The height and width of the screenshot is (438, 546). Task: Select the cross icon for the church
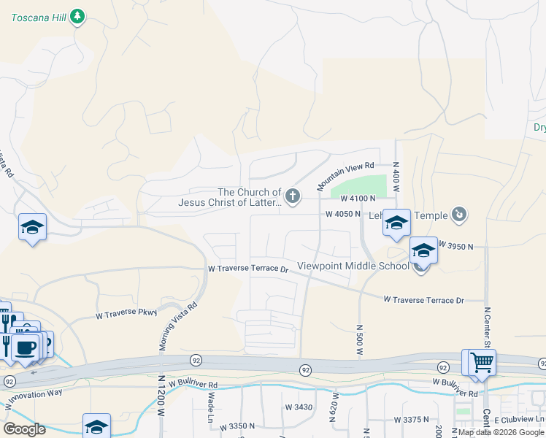point(293,195)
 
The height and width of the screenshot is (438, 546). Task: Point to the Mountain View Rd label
point(345,177)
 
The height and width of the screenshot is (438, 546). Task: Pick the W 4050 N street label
point(343,214)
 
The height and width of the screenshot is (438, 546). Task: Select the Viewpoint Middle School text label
point(353,266)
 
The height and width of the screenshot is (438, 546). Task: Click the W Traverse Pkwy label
point(126,315)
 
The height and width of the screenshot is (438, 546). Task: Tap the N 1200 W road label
point(161,398)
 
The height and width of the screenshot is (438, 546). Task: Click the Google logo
point(24,429)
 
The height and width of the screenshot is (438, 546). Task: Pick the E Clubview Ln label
point(519,418)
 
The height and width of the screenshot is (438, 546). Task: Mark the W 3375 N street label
point(412,420)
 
